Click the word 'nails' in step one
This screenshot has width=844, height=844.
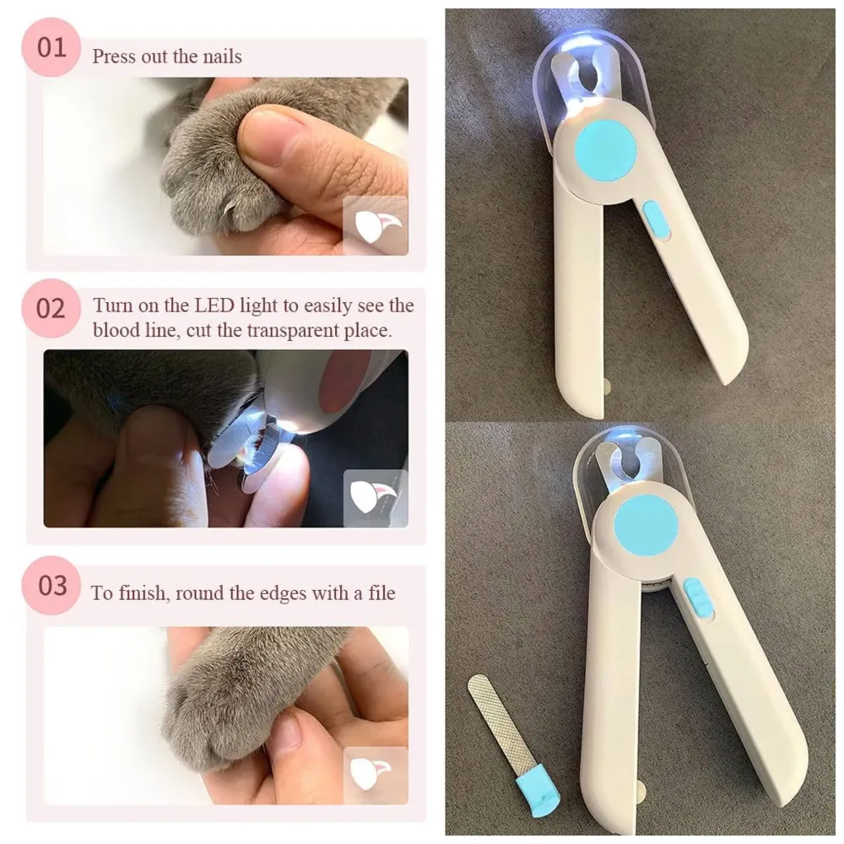click(x=220, y=57)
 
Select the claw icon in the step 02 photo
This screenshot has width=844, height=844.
click(x=376, y=498)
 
